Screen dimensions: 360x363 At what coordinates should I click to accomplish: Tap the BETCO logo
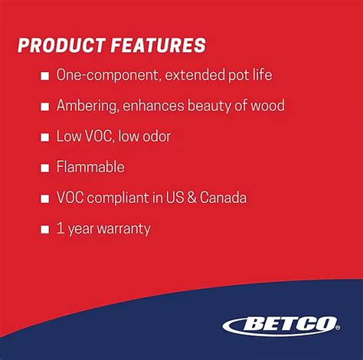pyautogui.click(x=281, y=325)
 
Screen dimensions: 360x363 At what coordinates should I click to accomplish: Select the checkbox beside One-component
pyautogui.click(x=44, y=76)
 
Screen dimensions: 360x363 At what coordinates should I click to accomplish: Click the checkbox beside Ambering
pyautogui.click(x=44, y=106)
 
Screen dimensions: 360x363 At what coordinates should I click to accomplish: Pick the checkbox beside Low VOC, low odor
pyautogui.click(x=44, y=136)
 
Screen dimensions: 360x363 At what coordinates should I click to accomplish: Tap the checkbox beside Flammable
pyautogui.click(x=44, y=167)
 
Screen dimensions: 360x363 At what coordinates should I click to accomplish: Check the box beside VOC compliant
pyautogui.click(x=44, y=198)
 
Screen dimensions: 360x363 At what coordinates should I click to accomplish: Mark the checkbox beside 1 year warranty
pyautogui.click(x=44, y=228)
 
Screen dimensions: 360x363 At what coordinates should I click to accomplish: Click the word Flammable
pyautogui.click(x=90, y=167)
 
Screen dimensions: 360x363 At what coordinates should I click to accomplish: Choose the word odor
pyautogui.click(x=155, y=136)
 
